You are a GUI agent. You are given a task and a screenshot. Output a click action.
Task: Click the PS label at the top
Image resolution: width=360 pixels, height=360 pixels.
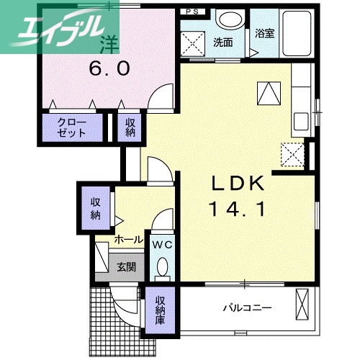click(x=192, y=12)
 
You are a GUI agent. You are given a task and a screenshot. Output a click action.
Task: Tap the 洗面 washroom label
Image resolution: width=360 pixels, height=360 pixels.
click(x=223, y=42)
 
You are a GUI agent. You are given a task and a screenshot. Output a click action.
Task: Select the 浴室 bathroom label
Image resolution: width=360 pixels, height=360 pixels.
click(x=264, y=33)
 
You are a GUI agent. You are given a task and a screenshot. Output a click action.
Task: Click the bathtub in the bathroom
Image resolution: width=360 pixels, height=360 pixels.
click(x=297, y=33)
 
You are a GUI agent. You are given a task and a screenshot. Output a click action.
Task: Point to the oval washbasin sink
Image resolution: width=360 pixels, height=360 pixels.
click(x=230, y=19)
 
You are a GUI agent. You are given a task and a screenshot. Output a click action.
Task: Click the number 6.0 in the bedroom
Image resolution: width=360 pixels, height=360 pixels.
click(x=109, y=68)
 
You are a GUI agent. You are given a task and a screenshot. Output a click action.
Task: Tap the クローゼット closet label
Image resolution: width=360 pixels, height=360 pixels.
click(x=71, y=128)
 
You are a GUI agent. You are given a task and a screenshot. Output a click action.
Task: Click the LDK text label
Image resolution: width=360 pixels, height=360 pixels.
click(x=238, y=183)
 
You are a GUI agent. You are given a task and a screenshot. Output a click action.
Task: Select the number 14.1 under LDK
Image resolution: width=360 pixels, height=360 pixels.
click(x=237, y=209)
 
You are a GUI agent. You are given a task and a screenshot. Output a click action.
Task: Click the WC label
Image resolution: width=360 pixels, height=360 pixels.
click(x=163, y=245)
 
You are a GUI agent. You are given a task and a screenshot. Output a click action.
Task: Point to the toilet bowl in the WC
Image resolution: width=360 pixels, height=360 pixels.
click(x=162, y=265)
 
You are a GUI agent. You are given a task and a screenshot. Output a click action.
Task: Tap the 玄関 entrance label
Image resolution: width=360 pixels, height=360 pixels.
click(x=126, y=266)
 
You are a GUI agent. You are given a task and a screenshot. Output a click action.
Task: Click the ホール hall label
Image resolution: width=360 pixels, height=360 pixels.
click(x=129, y=239)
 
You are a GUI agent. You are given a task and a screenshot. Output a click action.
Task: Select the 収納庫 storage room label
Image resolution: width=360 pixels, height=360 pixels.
click(x=160, y=310)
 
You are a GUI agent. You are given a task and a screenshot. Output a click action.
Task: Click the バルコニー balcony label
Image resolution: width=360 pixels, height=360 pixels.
click(x=248, y=307)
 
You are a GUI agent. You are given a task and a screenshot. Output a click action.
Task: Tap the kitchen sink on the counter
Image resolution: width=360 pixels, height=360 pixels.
click(x=301, y=122)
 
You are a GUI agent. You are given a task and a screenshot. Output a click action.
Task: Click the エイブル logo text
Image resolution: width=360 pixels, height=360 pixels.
click(x=59, y=30)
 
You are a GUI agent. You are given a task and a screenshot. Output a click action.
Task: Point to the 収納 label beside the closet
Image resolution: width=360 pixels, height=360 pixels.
click(x=130, y=128)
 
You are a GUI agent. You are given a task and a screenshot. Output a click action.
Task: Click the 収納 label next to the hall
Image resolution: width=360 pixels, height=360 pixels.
click(x=96, y=208)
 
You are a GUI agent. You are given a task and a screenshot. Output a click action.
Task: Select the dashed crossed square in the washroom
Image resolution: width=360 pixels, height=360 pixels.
click(x=193, y=43)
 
